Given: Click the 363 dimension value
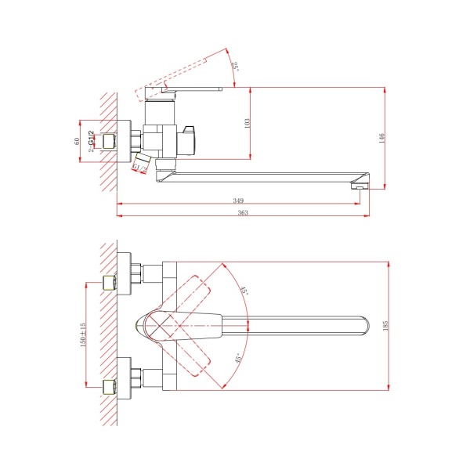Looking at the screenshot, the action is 243,212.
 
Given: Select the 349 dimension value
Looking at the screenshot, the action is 238,201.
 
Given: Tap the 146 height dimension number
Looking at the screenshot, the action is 381,138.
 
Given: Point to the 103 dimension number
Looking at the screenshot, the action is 247,124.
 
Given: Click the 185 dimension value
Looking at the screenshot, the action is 385,326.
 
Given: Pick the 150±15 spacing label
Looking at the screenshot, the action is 83,334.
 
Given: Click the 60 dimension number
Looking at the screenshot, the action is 77,141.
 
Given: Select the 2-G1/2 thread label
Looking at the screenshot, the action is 91,141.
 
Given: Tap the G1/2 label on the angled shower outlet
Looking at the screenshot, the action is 140,168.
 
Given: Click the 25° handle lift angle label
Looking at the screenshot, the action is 235,66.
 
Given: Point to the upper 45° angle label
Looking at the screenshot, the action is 244,290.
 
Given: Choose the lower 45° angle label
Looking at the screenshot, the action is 237,359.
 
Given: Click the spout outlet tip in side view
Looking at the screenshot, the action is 360,186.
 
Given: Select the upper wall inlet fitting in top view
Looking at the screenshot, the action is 110,283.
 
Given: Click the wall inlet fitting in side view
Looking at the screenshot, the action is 110,141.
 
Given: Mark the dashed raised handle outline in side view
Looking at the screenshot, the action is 171,79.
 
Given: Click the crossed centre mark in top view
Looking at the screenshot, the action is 161,326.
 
